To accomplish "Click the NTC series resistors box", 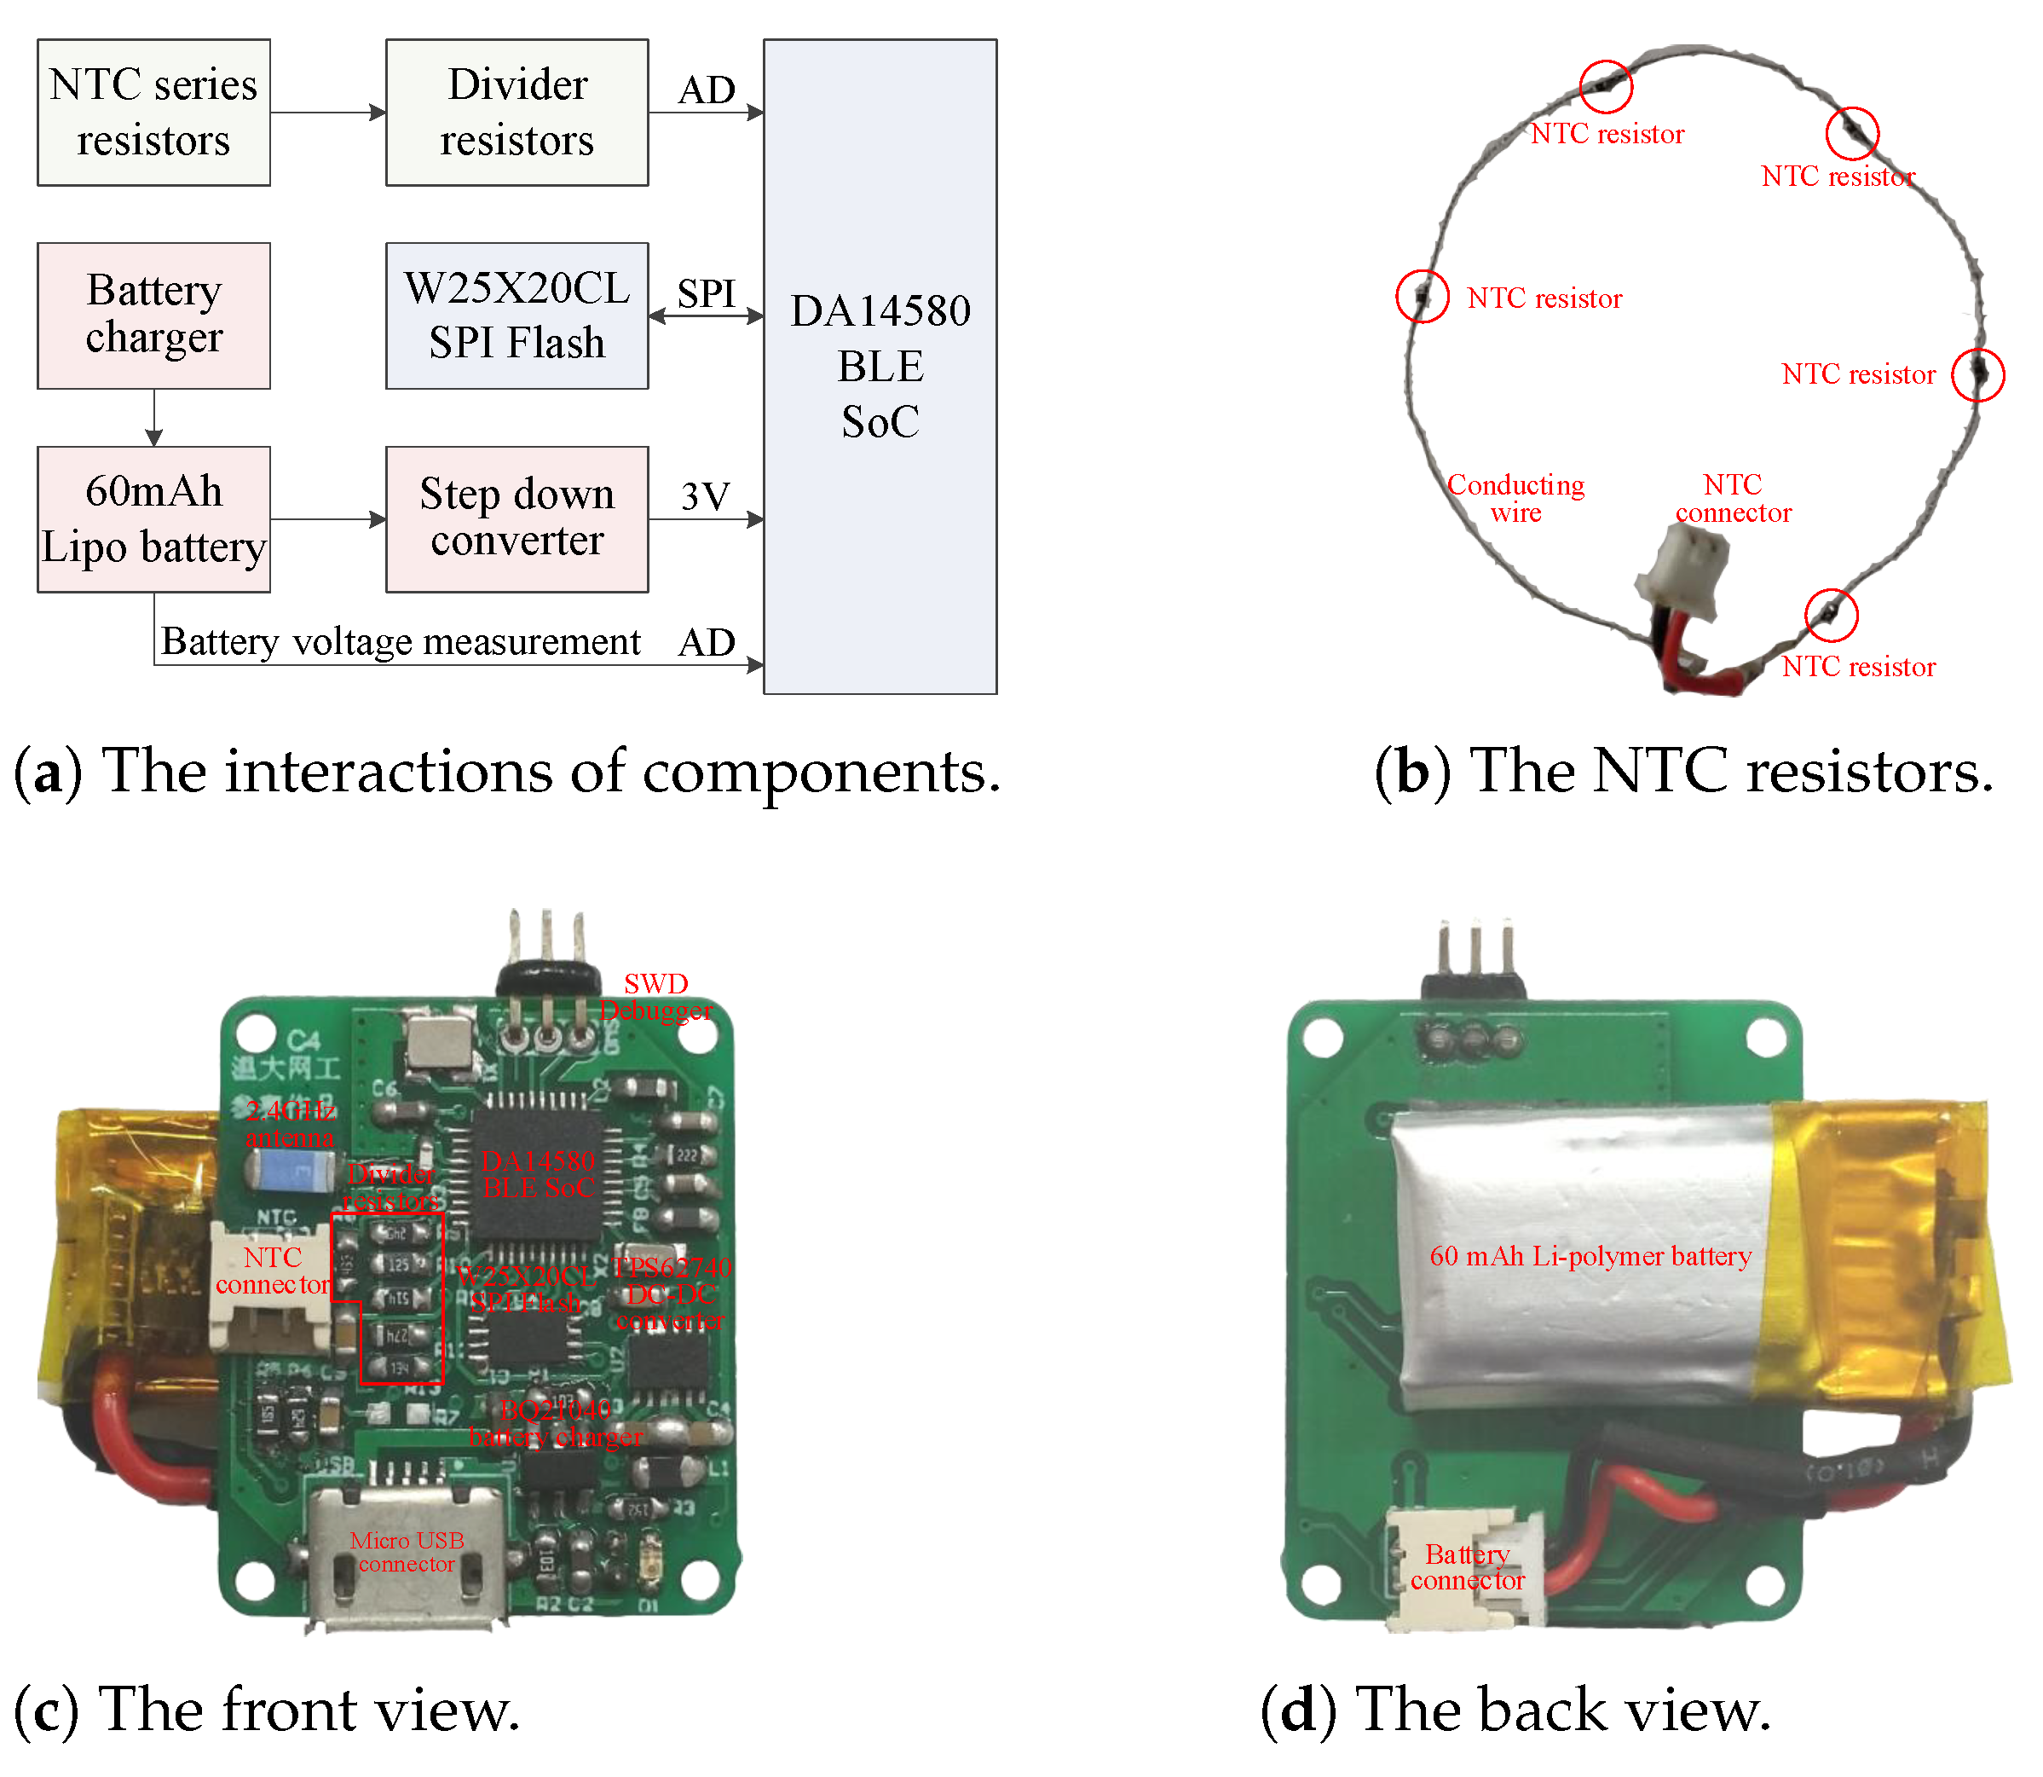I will pyautogui.click(x=153, y=112).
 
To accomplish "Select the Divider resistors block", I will pyautogui.click(x=517, y=112).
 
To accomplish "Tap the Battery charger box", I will pyautogui.click(x=153, y=315).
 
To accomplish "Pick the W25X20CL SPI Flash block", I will pyautogui.click(x=517, y=315).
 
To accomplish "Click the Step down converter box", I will pyautogui.click(x=517, y=518).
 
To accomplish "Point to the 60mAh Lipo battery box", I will pyautogui.click(x=153, y=518).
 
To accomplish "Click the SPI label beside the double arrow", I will pyautogui.click(x=706, y=293).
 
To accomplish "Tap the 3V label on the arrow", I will pyautogui.click(x=705, y=495).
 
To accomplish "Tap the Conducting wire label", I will pyautogui.click(x=1515, y=498).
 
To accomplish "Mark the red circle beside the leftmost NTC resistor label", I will pyautogui.click(x=1423, y=296).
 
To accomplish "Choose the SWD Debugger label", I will pyautogui.click(x=655, y=997).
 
